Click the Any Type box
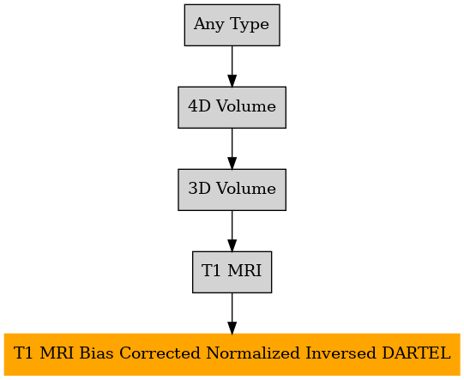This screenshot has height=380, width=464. (232, 25)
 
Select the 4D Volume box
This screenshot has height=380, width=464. (232, 107)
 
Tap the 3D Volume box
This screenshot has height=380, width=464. (232, 190)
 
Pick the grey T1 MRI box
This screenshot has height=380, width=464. (232, 272)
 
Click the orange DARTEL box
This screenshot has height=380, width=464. (232, 354)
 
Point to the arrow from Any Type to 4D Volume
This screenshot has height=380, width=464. (232, 66)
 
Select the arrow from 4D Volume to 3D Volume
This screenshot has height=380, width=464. (232, 148)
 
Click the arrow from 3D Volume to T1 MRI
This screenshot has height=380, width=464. (232, 231)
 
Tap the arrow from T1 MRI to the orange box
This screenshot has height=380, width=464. (232, 313)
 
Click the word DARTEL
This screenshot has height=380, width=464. (416, 353)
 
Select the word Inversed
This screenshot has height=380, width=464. (340, 353)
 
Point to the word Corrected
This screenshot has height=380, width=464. (160, 353)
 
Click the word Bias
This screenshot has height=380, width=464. (96, 353)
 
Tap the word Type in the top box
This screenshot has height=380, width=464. (250, 25)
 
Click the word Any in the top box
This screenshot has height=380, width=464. (209, 25)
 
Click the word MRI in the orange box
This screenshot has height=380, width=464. (57, 353)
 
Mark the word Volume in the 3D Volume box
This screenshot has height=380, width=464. (246, 188)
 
